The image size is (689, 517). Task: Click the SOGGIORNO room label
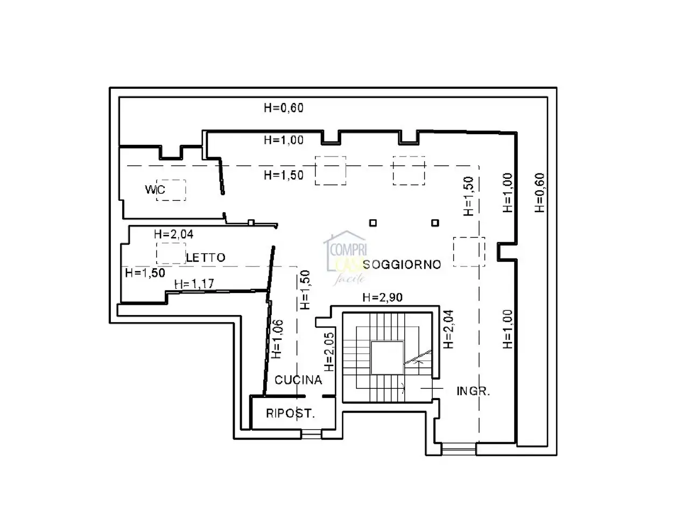tap(402, 264)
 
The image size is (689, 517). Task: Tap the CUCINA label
tap(298, 380)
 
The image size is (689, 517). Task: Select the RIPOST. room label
tap(290, 413)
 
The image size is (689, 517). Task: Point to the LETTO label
tap(206, 257)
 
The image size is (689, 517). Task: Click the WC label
tap(155, 189)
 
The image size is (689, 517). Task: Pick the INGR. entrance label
tap(473, 391)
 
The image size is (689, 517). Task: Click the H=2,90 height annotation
tap(382, 297)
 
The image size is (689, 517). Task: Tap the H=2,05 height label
tap(329, 352)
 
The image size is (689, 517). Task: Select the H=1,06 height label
tap(277, 339)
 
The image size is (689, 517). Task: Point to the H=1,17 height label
tap(194, 284)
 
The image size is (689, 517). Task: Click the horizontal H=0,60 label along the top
tap(284, 108)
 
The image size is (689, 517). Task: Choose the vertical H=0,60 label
tap(539, 193)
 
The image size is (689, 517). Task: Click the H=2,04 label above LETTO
tap(173, 234)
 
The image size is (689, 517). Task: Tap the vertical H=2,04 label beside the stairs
tap(448, 329)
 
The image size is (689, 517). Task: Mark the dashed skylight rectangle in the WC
tap(171, 190)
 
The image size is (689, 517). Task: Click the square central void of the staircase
tap(387, 358)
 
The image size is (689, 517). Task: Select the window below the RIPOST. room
tap(311, 434)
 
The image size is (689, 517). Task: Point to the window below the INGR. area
tap(459, 449)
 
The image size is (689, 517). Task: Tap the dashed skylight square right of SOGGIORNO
tap(469, 251)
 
